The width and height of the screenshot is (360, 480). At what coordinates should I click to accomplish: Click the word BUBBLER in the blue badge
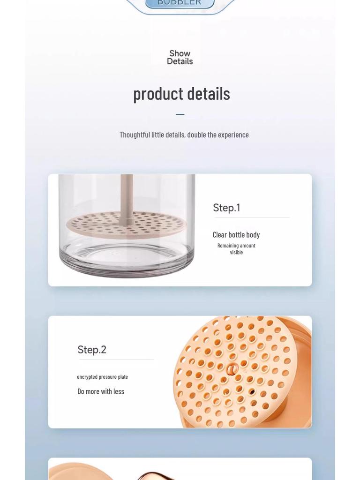pos(180,3)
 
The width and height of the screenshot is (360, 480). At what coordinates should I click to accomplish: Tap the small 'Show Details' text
pos(180,57)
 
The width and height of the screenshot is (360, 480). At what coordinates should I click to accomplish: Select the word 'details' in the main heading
pos(207,93)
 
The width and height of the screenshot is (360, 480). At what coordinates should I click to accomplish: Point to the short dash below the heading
pos(180,114)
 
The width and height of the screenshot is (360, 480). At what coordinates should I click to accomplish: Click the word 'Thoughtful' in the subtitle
pos(135,135)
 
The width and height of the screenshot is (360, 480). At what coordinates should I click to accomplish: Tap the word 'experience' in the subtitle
pos(233,135)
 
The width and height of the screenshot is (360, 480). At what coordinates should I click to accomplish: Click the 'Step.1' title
pos(226,208)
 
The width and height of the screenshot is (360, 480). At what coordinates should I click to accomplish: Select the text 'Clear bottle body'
pos(236,235)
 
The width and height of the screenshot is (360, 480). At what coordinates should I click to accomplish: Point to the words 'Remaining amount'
pos(236,246)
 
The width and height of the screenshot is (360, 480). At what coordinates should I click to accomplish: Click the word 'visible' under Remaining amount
pos(236,252)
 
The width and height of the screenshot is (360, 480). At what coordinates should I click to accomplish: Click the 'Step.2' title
pos(92,350)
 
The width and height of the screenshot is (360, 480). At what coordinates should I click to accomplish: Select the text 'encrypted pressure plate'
pos(102,377)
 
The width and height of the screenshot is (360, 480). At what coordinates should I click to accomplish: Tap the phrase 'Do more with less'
pos(101,391)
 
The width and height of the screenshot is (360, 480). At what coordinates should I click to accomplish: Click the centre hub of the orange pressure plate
pos(232,370)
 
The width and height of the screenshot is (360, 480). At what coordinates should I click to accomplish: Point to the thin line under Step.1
pos(252,217)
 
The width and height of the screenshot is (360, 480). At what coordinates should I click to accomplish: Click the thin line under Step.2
pos(116,360)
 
